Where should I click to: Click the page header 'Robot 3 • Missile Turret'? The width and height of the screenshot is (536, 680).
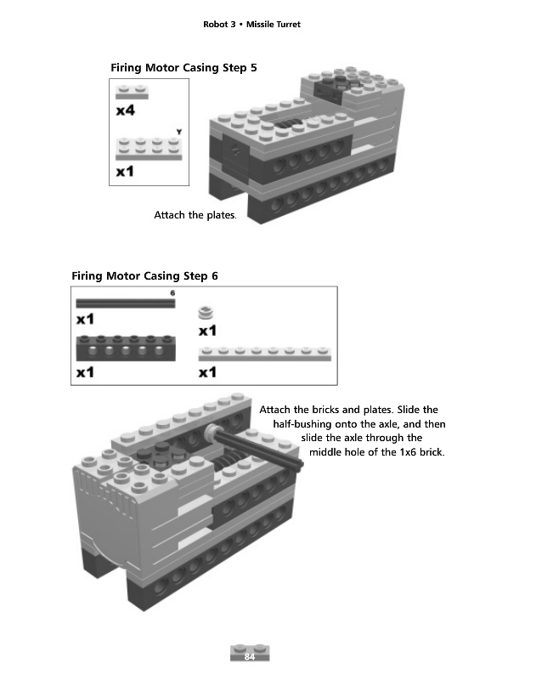tap(252, 25)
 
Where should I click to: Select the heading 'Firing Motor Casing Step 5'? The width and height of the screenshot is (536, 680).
tap(183, 66)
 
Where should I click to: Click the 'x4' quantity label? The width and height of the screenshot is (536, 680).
tap(126, 110)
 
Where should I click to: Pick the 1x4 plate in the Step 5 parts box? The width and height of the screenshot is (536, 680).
tap(149, 150)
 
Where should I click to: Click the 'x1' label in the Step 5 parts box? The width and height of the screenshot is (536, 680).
tap(126, 172)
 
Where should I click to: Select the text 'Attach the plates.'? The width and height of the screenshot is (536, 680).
tap(195, 215)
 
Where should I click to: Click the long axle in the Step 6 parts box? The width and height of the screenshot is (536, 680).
tap(125, 303)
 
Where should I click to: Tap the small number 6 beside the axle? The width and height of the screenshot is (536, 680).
tap(172, 293)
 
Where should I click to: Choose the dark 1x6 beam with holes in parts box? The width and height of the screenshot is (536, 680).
tap(125, 347)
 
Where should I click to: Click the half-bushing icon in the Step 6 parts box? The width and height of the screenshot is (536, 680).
tap(205, 312)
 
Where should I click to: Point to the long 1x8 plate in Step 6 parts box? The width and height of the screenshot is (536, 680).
tap(264, 354)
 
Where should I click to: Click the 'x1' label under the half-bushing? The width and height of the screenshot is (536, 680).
tap(207, 330)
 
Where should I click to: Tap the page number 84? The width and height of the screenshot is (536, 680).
tap(250, 656)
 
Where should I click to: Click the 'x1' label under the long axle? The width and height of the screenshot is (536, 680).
tap(85, 320)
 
